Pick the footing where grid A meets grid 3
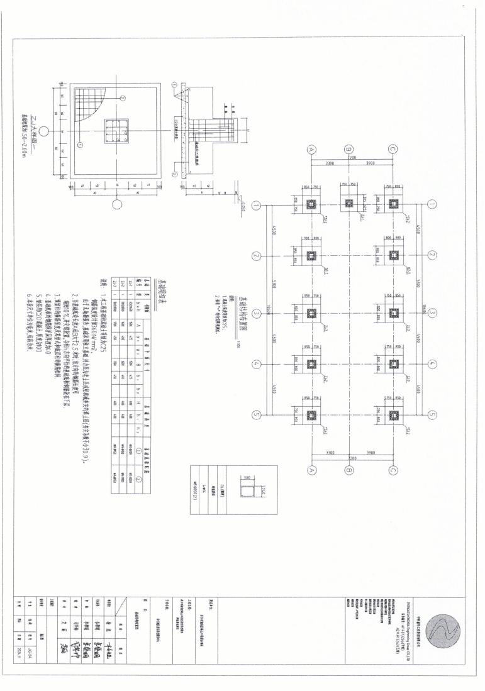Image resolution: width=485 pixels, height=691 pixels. coord(310,312)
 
